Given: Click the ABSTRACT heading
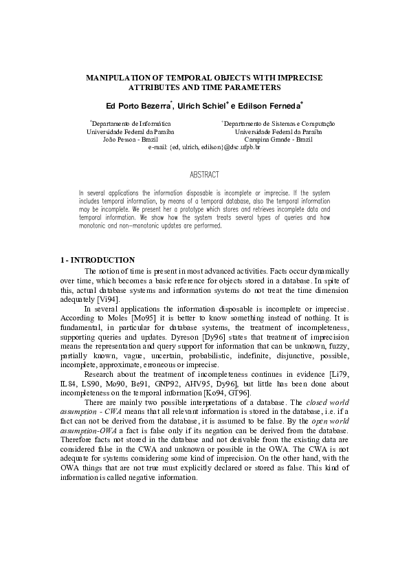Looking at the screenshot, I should (x=204, y=175).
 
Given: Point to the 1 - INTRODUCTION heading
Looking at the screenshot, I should (x=97, y=260).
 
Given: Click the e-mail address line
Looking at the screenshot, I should (x=204, y=147).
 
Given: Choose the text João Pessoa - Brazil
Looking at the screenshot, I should (x=130, y=139).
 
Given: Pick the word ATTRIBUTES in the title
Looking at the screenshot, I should (x=157, y=88).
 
